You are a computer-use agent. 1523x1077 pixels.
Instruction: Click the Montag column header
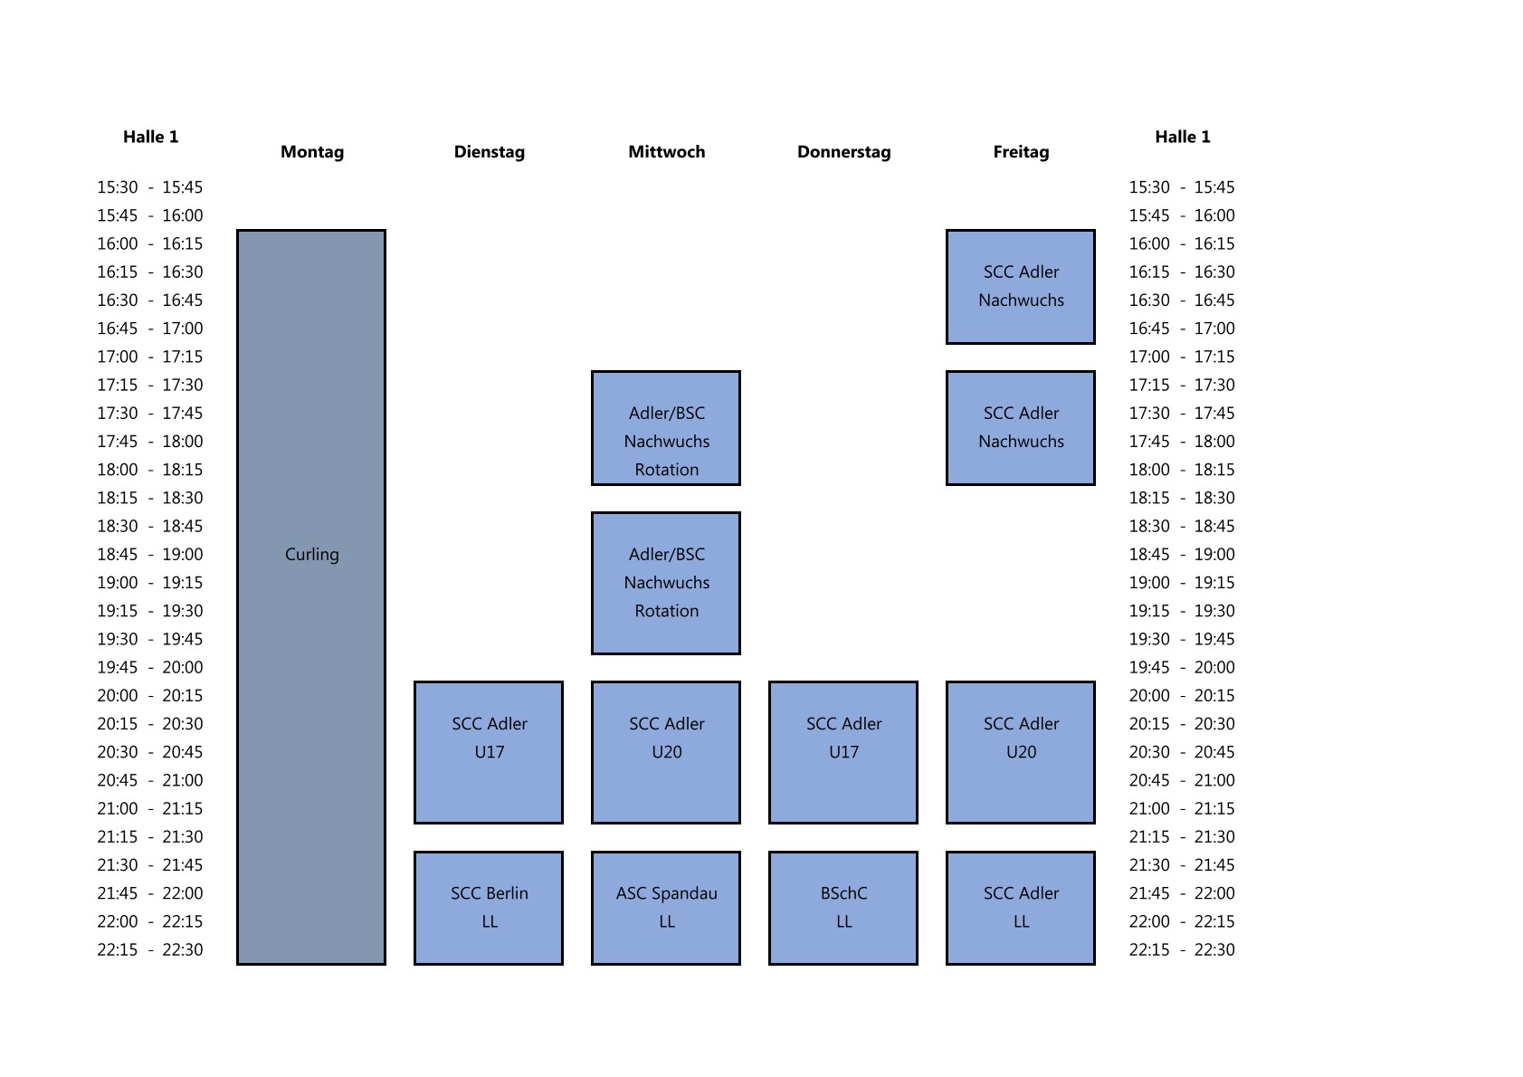tap(312, 152)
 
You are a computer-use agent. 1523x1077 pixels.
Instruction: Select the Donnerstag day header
tap(843, 152)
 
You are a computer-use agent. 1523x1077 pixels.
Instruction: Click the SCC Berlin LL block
tap(489, 908)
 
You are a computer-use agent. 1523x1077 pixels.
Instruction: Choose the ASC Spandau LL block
tap(666, 908)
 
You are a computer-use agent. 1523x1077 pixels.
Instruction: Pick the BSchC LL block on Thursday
tap(843, 908)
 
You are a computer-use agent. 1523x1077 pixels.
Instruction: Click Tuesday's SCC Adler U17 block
tap(489, 752)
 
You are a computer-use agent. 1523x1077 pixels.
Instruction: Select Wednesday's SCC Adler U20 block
tap(666, 752)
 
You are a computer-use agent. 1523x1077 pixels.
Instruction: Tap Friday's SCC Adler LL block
tap(1021, 908)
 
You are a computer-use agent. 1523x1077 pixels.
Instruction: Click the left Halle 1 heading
tap(151, 137)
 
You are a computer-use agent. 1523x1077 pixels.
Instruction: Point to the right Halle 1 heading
tap(1182, 137)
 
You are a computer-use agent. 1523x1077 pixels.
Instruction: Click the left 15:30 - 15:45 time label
tap(150, 187)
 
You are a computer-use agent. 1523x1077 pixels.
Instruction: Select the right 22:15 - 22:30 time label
tap(1182, 949)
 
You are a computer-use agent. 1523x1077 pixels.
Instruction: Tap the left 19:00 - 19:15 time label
tap(150, 583)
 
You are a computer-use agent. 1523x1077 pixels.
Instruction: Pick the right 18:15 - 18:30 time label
tap(1182, 498)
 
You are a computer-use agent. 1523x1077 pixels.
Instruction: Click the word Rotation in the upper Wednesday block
tap(667, 470)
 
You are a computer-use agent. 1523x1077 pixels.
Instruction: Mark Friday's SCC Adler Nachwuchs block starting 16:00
tap(1021, 287)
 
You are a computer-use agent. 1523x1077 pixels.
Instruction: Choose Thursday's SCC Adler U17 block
tap(843, 752)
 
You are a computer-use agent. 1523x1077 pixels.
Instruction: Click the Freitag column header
tap(1021, 152)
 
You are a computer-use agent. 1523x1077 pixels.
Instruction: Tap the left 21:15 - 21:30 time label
tap(150, 836)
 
